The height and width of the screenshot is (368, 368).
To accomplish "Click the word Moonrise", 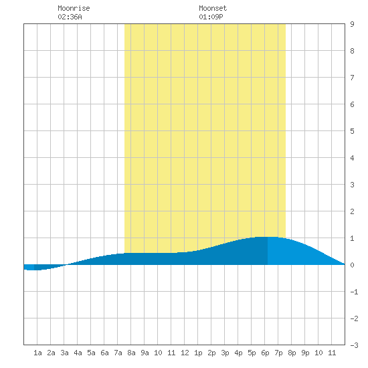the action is tap(74, 8).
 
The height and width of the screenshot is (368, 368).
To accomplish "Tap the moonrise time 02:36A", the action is tap(70, 17).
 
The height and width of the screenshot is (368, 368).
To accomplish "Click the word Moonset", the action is tap(213, 8).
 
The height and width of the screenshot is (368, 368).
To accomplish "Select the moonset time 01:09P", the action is tap(211, 17).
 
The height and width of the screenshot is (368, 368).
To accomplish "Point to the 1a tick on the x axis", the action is tap(37, 353).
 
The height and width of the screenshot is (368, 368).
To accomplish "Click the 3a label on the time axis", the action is tap(64, 353).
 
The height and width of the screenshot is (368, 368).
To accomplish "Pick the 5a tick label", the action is tap(91, 353).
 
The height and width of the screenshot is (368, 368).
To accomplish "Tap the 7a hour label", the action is tap(118, 353).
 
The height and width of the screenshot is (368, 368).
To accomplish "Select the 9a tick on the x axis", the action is tap(145, 353).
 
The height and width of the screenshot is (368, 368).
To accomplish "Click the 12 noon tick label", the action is tap(185, 353).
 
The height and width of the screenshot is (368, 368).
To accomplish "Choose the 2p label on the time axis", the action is tap(211, 353).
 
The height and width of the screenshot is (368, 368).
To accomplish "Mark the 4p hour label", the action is tap(238, 353).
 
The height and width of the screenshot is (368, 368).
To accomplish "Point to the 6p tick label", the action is tap(265, 353).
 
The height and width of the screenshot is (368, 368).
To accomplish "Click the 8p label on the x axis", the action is tap(292, 353).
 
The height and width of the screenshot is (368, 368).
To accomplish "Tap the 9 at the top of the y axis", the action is tap(352, 24).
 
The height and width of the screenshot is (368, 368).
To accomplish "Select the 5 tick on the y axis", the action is tap(352, 131).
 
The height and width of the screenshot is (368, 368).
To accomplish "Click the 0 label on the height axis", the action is tap(352, 265).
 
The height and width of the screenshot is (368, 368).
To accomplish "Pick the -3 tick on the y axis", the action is tap(354, 345).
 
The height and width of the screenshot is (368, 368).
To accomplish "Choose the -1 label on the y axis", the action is tap(354, 292).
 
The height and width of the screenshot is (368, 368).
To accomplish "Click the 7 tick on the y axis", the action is tap(352, 78).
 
